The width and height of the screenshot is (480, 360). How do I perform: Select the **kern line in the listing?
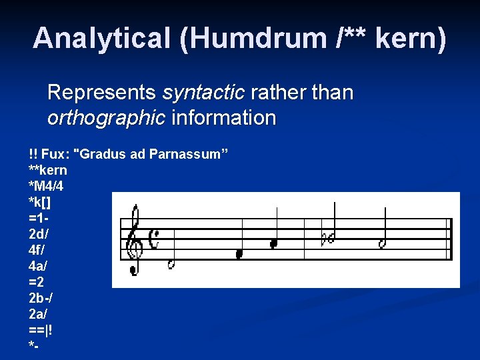pos(48,170)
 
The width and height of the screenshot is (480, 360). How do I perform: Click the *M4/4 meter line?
pos(47,185)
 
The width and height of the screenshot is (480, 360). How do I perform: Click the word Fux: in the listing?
pos(57,155)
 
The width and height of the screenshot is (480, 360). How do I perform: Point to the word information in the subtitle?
pos(224,118)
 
